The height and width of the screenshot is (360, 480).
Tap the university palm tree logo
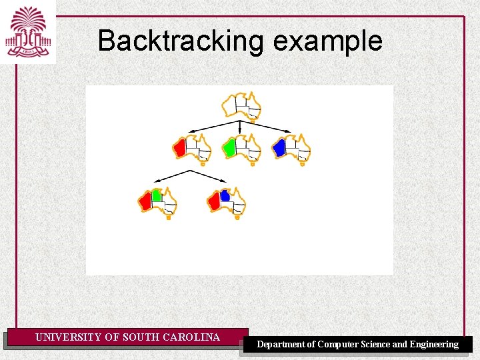coord(28,31)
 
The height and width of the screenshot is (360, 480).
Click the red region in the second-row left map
coord(179,147)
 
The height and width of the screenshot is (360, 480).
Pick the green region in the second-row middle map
coord(229,147)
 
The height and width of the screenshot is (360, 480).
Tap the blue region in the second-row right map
coord(279,147)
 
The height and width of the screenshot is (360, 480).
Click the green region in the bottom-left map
coord(157,195)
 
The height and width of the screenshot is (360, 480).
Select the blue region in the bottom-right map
coord(225,195)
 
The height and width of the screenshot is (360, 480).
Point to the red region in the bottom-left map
coord(146,200)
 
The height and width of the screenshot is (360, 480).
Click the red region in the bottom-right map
coord(214,200)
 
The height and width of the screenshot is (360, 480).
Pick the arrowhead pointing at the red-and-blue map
coord(225,181)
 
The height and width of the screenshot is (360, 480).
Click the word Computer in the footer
coord(340,345)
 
